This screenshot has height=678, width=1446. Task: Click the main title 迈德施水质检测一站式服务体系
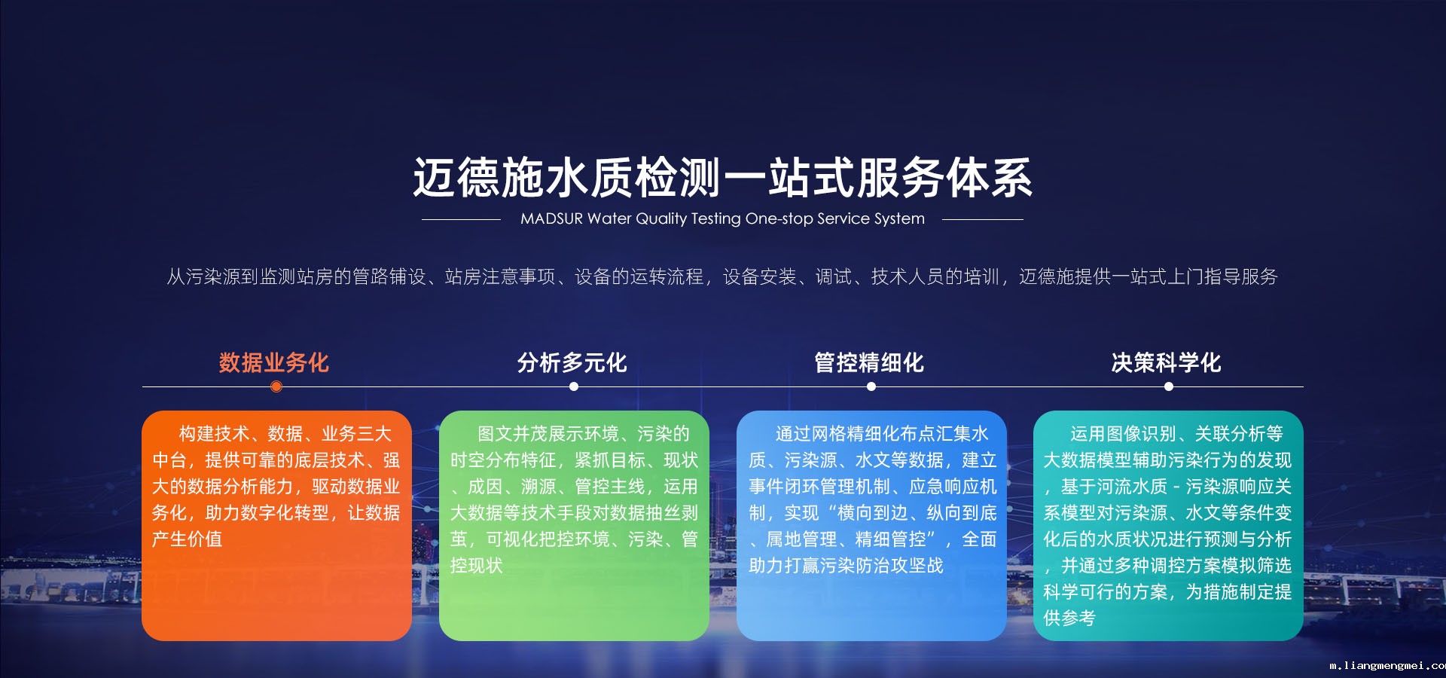(723, 178)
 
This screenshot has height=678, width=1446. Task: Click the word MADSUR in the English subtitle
(551, 218)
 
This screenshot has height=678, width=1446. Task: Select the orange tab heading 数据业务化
(274, 362)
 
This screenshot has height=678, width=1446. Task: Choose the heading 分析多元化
(572, 362)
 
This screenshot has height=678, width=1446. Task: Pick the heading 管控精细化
(869, 362)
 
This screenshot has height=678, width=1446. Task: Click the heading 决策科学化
(1167, 362)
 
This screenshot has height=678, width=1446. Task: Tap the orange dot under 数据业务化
(276, 386)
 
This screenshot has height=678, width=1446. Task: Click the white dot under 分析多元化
(574, 386)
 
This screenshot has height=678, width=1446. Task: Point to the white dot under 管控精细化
(871, 386)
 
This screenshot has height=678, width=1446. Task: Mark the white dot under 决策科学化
(1169, 386)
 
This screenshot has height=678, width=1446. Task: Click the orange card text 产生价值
(188, 539)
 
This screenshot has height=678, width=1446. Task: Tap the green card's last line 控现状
(476, 566)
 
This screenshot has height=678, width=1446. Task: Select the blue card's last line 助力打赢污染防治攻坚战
(846, 566)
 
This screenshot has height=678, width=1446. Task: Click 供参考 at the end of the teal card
(1069, 618)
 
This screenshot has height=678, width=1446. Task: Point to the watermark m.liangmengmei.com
(1387, 666)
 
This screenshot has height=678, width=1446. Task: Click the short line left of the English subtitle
(461, 219)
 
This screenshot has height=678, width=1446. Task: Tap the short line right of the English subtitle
(983, 219)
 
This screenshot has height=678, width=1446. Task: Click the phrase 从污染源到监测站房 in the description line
(249, 277)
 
